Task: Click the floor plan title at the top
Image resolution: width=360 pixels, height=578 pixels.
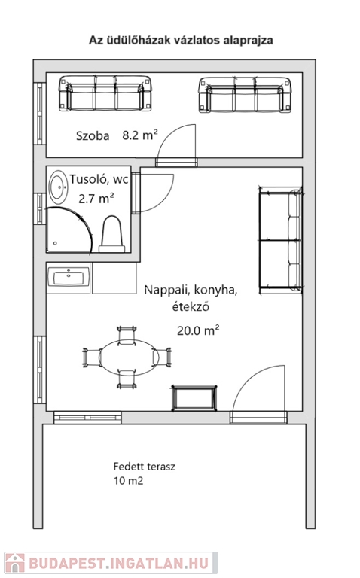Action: pos(181,40)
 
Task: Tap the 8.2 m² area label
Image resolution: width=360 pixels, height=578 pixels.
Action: pos(140,135)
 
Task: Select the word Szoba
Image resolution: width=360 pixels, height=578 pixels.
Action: pos(93,136)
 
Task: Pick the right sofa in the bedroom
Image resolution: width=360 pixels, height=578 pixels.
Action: pos(246,95)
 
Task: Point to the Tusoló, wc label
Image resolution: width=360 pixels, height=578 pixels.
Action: pos(99,180)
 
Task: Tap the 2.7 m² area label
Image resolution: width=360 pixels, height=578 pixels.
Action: pos(96,199)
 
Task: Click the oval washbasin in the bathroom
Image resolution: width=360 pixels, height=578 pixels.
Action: pos(58,187)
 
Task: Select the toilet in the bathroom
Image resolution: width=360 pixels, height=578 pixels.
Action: pos(111,234)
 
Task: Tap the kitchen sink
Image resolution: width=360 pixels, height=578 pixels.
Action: pos(69,278)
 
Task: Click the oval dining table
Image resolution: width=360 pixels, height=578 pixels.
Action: pos(129,357)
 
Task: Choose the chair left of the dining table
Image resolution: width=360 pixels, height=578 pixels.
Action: pos(92,357)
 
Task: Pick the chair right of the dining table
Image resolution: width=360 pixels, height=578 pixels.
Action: pos(162,357)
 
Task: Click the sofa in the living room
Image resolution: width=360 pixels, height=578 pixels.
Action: pos(281,240)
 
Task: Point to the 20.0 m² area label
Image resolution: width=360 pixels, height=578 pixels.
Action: pos(198,330)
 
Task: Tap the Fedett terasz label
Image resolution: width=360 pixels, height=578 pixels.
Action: pos(144,467)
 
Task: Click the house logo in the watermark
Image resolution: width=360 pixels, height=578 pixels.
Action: pos(15,563)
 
